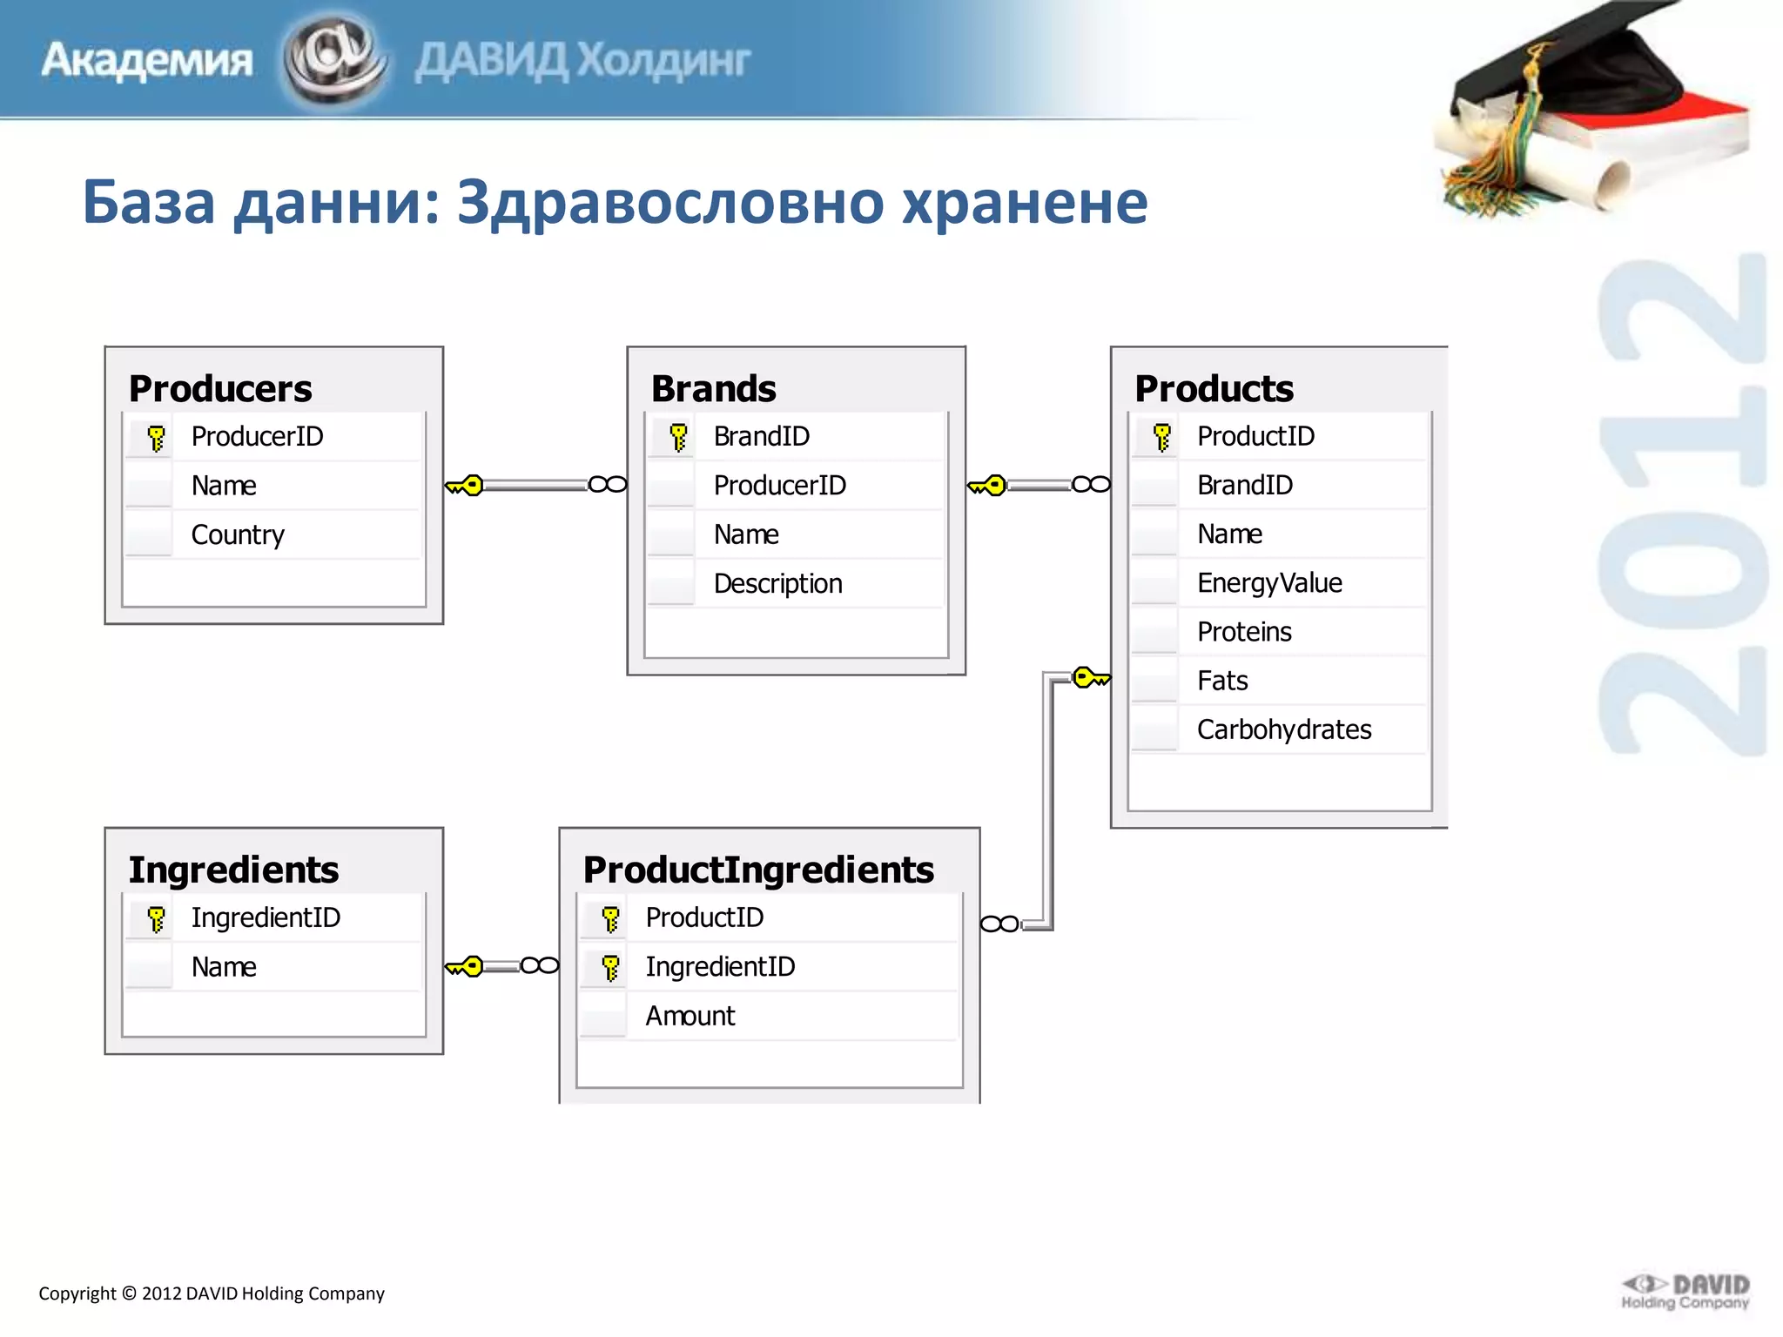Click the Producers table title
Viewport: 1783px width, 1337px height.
tap(220, 388)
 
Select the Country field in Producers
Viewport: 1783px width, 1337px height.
tap(238, 534)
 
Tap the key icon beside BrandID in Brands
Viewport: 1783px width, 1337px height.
tap(678, 436)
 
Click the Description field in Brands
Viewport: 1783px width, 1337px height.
tap(777, 583)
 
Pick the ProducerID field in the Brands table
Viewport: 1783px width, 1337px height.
tap(779, 485)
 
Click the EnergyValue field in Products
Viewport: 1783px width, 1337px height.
tap(1269, 582)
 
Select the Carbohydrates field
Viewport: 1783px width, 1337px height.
tap(1284, 729)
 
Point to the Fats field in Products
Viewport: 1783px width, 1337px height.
tap(1222, 681)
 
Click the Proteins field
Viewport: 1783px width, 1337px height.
tap(1244, 632)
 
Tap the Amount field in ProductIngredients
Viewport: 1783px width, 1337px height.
tap(690, 1016)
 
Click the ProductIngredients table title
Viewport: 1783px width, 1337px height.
tap(758, 870)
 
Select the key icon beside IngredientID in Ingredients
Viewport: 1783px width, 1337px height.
tap(156, 918)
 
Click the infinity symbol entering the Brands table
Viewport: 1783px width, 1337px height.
tap(607, 484)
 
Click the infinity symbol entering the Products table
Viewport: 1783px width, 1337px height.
tap(1091, 484)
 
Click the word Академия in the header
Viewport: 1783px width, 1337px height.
tap(147, 61)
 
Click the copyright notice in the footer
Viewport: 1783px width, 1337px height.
tap(212, 1293)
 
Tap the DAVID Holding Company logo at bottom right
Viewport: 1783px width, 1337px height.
tap(1685, 1292)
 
